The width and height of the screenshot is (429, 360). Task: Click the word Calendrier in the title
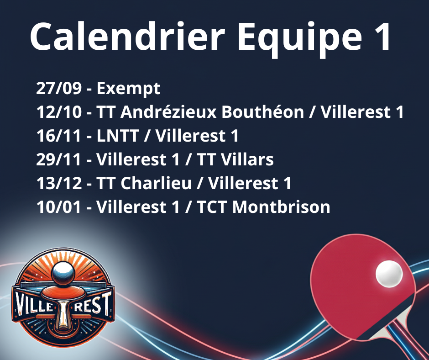(127, 36)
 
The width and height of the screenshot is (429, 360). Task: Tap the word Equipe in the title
(300, 39)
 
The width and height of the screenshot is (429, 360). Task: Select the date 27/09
(59, 88)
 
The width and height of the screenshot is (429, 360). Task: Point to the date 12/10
(59, 112)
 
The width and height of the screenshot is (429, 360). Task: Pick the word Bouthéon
(263, 111)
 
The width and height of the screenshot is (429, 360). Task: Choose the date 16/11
(59, 136)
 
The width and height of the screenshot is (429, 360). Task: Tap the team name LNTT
(118, 136)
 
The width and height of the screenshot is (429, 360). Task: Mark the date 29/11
(59, 159)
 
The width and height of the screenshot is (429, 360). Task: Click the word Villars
(247, 159)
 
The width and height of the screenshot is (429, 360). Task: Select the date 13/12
(59, 183)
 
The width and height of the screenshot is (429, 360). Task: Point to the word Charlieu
(156, 183)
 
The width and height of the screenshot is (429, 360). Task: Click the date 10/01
(59, 207)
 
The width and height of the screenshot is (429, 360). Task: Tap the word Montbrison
(281, 206)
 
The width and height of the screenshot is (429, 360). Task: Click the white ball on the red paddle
(389, 274)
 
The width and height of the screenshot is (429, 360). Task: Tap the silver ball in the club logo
(63, 273)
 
